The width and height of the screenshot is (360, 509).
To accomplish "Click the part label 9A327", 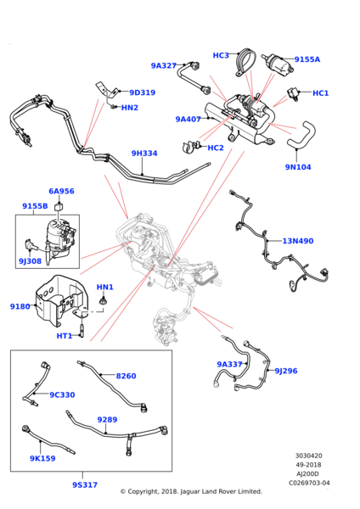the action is (163, 66).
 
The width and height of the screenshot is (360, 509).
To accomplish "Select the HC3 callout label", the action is (221, 55).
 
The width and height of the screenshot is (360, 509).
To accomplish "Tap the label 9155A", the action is (307, 59).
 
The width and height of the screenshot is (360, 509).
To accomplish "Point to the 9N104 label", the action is (298, 167).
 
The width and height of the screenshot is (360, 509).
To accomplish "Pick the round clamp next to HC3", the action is (245, 63).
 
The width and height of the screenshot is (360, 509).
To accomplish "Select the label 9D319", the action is (143, 92).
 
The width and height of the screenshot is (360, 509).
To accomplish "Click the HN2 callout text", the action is (130, 108).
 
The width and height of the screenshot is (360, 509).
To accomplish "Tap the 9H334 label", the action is (144, 154).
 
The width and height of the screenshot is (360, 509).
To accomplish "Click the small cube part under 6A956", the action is (59, 205).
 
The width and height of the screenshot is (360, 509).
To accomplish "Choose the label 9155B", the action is (35, 206).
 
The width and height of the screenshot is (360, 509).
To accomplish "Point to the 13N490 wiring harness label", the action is (298, 241).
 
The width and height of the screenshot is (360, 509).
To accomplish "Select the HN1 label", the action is (105, 288).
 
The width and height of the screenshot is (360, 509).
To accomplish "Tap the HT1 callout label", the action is (65, 336).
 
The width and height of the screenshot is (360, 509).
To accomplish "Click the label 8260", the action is (126, 376).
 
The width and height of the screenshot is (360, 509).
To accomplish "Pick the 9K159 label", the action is (42, 458).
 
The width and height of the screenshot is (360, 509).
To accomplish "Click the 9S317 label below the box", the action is (85, 485).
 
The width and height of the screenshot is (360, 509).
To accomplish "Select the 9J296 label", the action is (286, 371).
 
